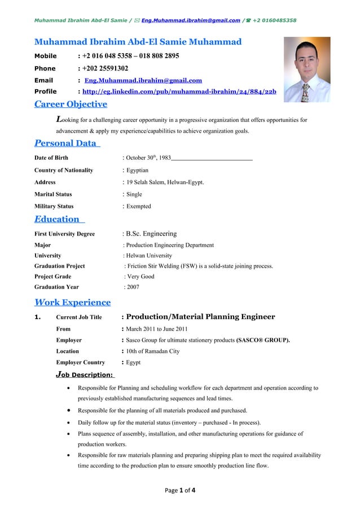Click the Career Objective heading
pos(71,104)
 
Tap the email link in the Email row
pos(143,80)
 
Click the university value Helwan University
pos(150,255)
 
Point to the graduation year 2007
pos(133,287)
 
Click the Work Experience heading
pos(72,302)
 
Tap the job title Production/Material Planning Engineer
pos(201,317)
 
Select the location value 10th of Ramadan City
pos(152,351)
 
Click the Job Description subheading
pos(85,374)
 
